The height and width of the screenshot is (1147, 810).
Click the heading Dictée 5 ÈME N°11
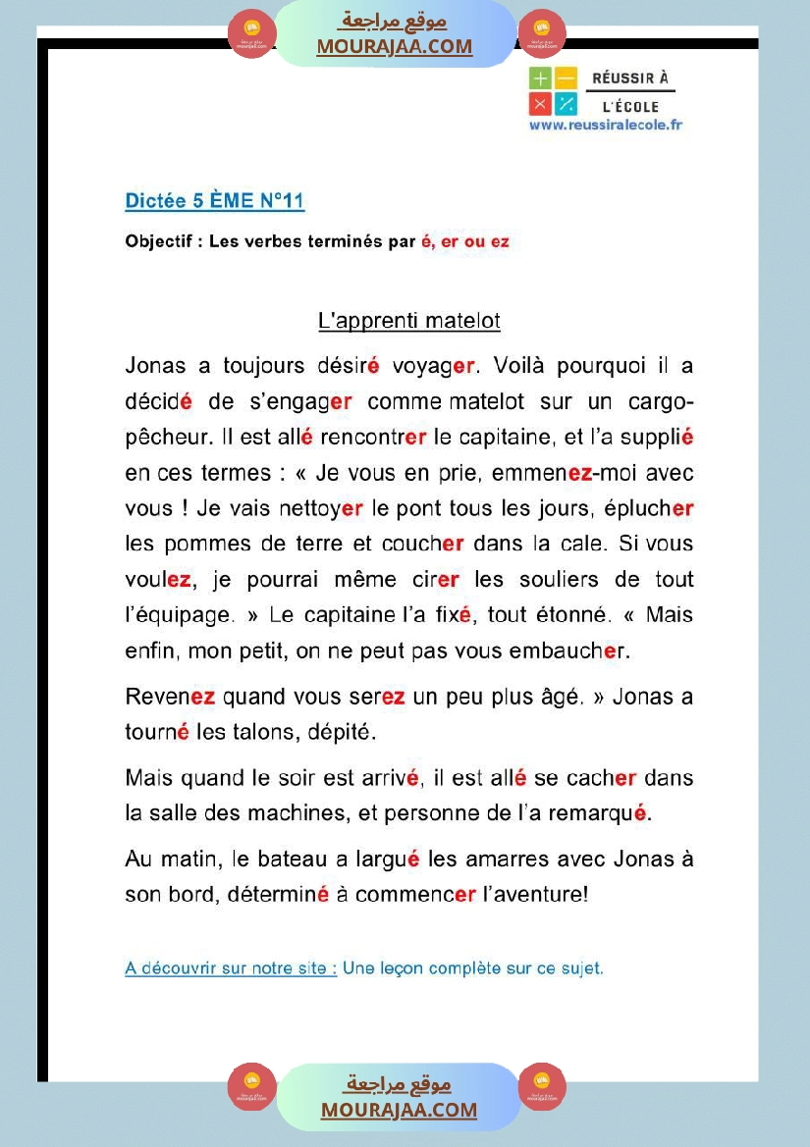[x=215, y=201]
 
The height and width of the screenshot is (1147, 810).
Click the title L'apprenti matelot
[x=409, y=321]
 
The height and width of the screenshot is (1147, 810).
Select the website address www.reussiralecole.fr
[x=605, y=125]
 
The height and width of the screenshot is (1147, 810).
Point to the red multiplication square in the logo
[x=540, y=104]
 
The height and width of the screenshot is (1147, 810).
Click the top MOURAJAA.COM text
[x=394, y=46]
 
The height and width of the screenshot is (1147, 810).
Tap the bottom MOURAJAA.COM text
[x=399, y=1110]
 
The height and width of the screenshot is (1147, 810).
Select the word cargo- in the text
[x=657, y=402]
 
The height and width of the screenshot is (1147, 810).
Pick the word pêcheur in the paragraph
[x=162, y=438]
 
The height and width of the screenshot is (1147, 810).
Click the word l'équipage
[x=180, y=615]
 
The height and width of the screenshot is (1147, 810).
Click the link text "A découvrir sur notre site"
[x=231, y=968]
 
